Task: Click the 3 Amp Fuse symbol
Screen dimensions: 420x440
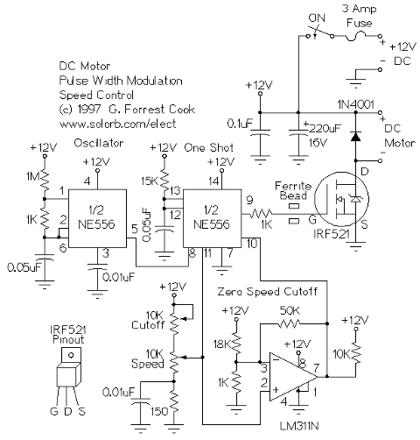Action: coord(356,37)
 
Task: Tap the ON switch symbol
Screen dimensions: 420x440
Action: coord(319,32)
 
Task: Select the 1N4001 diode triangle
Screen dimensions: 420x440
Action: coord(355,137)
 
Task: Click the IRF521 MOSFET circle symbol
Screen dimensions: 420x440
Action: coord(342,199)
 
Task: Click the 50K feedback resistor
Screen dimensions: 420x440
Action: coord(290,323)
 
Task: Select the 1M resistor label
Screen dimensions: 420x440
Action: coord(32,176)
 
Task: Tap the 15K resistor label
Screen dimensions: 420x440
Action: coord(150,181)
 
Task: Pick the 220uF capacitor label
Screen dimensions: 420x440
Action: coord(325,129)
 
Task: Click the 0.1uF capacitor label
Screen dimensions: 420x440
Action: coord(240,124)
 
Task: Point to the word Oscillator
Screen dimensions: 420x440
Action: coord(99,143)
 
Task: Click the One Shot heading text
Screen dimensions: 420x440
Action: coord(209,147)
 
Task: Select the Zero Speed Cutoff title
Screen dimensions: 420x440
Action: coord(267,292)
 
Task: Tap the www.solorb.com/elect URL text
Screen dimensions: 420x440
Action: coord(117,124)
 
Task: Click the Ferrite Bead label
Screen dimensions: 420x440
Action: coord(293,190)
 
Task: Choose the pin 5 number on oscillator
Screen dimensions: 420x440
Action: coord(134,229)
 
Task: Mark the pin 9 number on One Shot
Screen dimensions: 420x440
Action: coord(249,200)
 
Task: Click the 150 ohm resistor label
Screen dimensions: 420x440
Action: coord(159,412)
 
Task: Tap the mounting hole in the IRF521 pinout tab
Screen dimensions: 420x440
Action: coord(70,355)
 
